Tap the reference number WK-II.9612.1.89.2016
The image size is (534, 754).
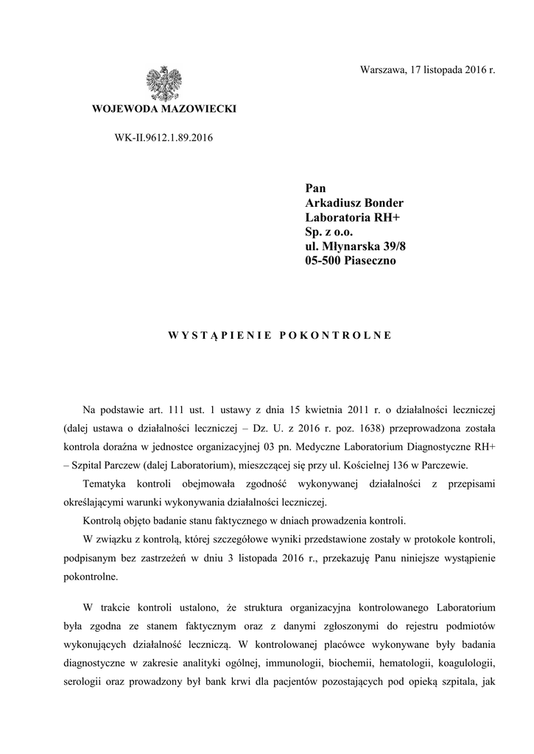click(153, 137)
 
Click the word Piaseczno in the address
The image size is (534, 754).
click(370, 261)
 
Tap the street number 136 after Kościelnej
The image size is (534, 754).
click(390, 466)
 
